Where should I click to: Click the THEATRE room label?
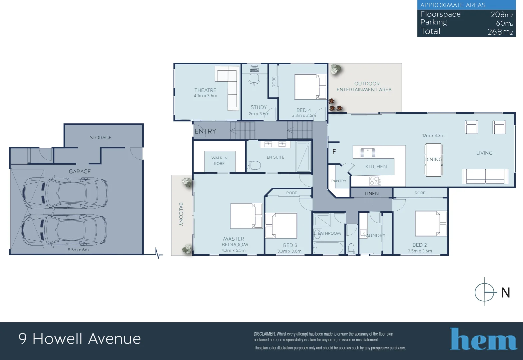205,90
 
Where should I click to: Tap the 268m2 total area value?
500,32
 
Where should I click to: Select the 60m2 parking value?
504,23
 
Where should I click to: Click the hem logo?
483,339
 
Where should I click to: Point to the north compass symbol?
485,292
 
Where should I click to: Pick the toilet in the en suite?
254,165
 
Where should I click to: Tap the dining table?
433,160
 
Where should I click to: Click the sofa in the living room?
485,176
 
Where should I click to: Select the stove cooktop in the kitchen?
375,181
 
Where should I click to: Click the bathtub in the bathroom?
328,248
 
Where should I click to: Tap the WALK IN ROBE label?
219,161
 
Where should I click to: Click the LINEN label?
371,193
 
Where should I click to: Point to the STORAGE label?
100,138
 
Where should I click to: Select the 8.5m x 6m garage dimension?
78,250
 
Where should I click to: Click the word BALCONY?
181,214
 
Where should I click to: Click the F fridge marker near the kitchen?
334,152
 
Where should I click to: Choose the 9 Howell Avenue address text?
80,339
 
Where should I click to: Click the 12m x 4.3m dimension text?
433,136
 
